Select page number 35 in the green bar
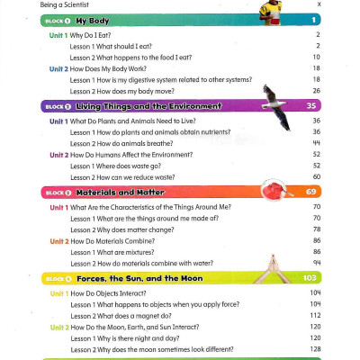(312, 106)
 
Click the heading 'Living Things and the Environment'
(148, 106)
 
